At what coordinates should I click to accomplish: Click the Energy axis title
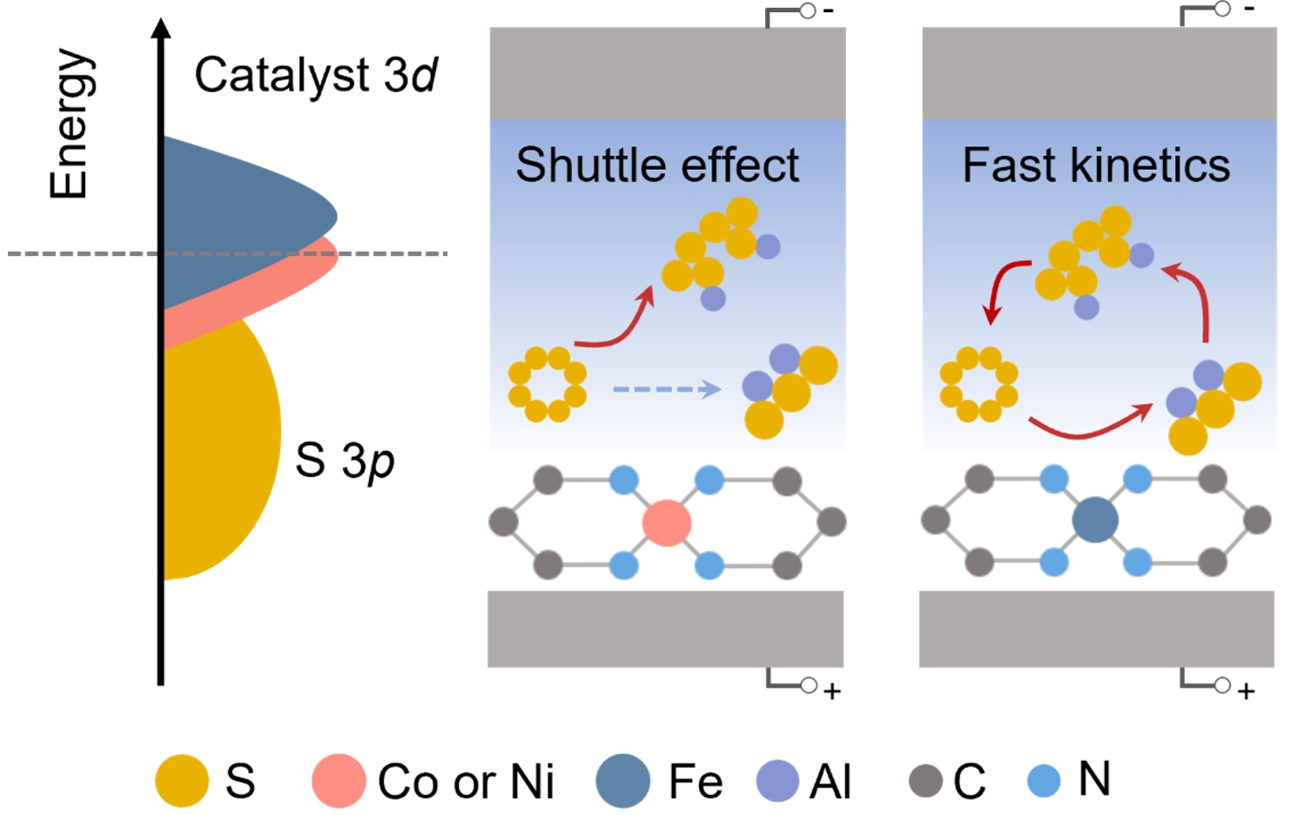click(x=70, y=124)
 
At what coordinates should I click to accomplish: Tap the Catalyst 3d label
click(x=315, y=75)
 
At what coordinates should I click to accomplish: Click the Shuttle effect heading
click(x=657, y=165)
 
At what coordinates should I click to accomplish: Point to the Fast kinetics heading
click(x=1096, y=165)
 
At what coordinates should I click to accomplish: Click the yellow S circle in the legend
click(x=182, y=780)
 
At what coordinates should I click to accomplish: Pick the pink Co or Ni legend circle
click(x=339, y=780)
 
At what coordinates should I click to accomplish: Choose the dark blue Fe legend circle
click(x=622, y=780)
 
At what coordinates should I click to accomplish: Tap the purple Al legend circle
click(x=777, y=780)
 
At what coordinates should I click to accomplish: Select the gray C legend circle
click(x=925, y=780)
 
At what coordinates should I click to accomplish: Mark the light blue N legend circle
click(x=1044, y=780)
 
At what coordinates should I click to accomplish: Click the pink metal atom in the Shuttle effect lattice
click(x=667, y=522)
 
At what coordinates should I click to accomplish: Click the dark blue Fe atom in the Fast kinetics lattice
click(x=1095, y=520)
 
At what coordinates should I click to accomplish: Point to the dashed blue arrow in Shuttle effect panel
click(x=667, y=389)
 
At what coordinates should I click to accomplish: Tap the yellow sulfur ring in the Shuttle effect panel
click(x=548, y=384)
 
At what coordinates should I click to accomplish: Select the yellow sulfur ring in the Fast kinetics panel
click(x=979, y=384)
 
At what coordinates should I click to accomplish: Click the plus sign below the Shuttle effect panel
click(x=832, y=691)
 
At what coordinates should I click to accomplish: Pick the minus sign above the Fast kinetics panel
click(x=1249, y=10)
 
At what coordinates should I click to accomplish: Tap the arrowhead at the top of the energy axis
click(x=161, y=28)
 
